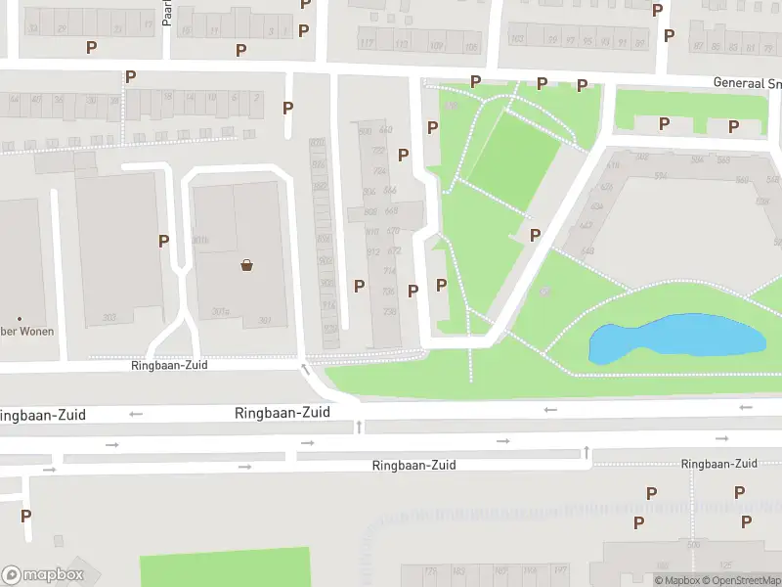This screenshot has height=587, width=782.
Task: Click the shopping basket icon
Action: [x=247, y=264]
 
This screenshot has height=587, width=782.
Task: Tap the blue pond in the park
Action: [x=674, y=339]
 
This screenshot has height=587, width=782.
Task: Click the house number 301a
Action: [x=220, y=312]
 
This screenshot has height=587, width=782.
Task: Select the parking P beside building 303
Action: [x=163, y=241]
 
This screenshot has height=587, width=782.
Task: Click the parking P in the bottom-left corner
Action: [x=25, y=516]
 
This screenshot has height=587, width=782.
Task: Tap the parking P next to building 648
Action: [x=535, y=235]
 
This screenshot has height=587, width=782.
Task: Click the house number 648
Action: [x=587, y=250]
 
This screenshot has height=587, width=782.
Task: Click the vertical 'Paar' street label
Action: [x=167, y=14]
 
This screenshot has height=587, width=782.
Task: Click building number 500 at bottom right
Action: [x=695, y=544]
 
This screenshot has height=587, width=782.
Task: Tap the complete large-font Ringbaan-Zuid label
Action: [x=282, y=413]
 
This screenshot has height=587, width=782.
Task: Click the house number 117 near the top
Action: [x=367, y=44]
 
